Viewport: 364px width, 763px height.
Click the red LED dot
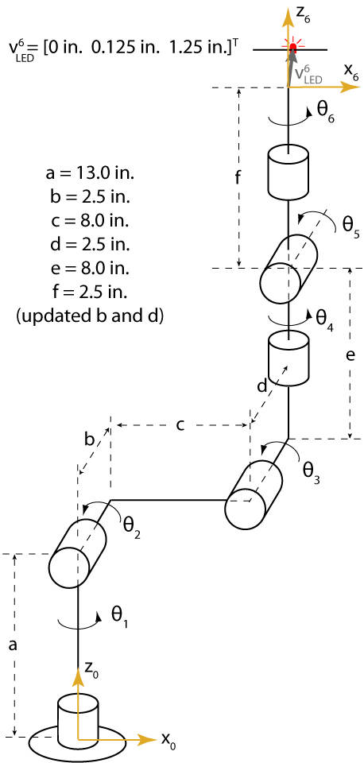(x=292, y=47)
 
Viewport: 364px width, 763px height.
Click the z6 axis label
(x=303, y=19)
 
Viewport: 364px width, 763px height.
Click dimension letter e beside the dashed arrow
(x=350, y=356)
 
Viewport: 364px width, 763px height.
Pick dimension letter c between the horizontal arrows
(x=180, y=426)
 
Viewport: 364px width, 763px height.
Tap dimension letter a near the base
(x=14, y=645)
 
